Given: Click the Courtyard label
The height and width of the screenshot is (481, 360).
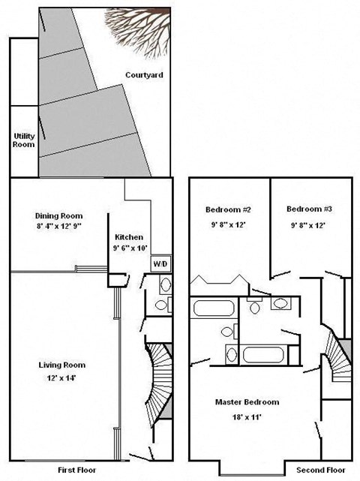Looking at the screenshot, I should tap(145, 75).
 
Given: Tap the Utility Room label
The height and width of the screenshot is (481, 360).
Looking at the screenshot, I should tap(24, 140).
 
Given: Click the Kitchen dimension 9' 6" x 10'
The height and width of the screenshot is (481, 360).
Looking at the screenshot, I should tap(130, 247).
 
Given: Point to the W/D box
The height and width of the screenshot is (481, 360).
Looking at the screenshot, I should tap(160, 264).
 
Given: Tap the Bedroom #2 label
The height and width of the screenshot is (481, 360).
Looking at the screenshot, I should tap(228, 209).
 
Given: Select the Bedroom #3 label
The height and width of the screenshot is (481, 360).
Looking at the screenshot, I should tap(310, 209).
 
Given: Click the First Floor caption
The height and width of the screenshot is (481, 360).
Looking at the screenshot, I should tap(78, 470).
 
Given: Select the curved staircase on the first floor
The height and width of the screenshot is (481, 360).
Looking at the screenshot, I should tap(160, 383).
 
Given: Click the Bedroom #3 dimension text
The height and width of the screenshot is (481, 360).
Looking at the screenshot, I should tap(310, 224).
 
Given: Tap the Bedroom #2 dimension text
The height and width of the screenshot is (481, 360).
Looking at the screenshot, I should tap(228, 224).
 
